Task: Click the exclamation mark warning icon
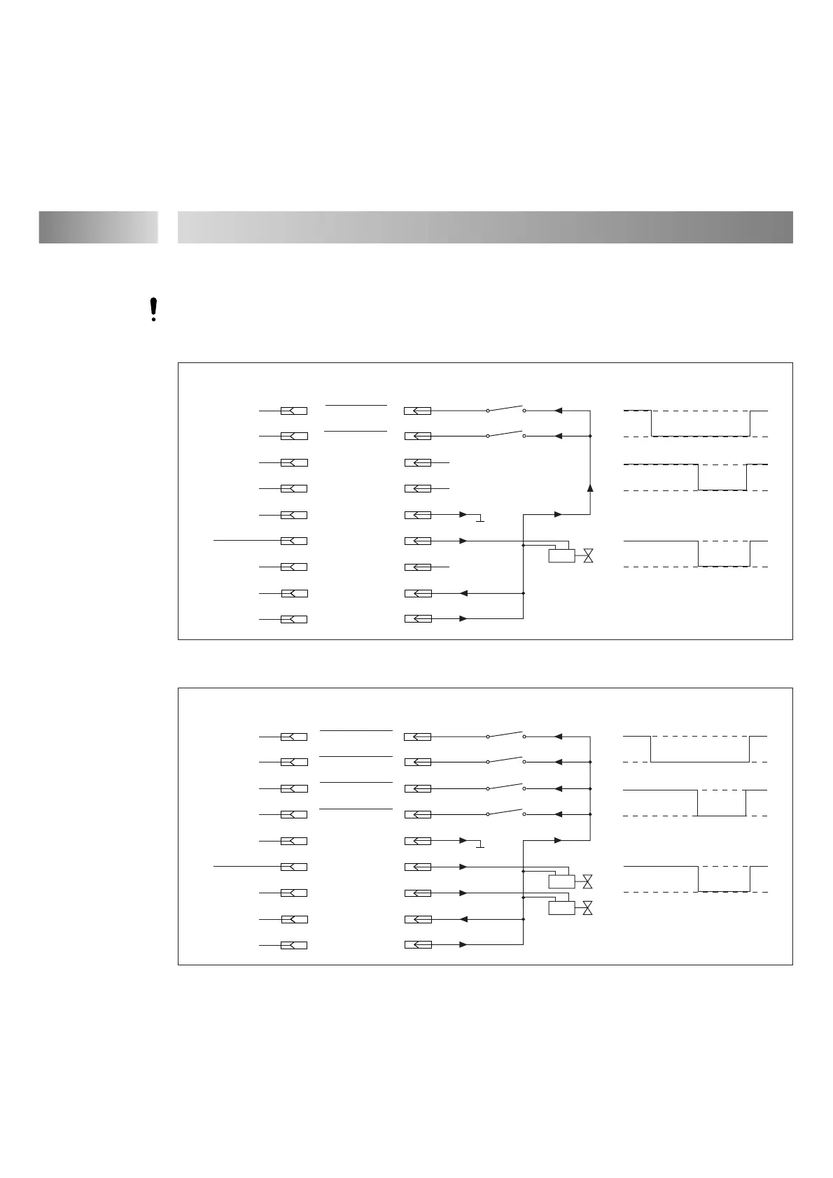tap(153, 310)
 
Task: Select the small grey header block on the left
tap(98, 227)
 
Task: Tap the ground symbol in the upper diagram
tap(479, 519)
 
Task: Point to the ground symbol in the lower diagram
tap(479, 845)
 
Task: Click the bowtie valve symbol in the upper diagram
tap(588, 556)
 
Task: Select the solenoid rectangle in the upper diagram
tap(561, 556)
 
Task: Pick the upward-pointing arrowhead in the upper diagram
tap(590, 488)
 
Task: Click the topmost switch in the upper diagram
tap(505, 409)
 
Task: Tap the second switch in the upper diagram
tap(505, 434)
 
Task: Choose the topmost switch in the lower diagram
tap(505, 735)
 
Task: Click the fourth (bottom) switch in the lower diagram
tap(505, 813)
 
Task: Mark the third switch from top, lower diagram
tap(505, 787)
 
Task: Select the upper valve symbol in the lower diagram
tap(588, 881)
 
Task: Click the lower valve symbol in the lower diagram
tap(588, 908)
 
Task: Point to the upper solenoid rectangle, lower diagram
tap(561, 881)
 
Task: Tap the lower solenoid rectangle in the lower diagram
tap(561, 908)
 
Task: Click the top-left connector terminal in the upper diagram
tap(294, 411)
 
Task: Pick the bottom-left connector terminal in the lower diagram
tap(294, 946)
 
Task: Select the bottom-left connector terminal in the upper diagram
tap(294, 620)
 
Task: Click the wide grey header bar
tap(485, 227)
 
